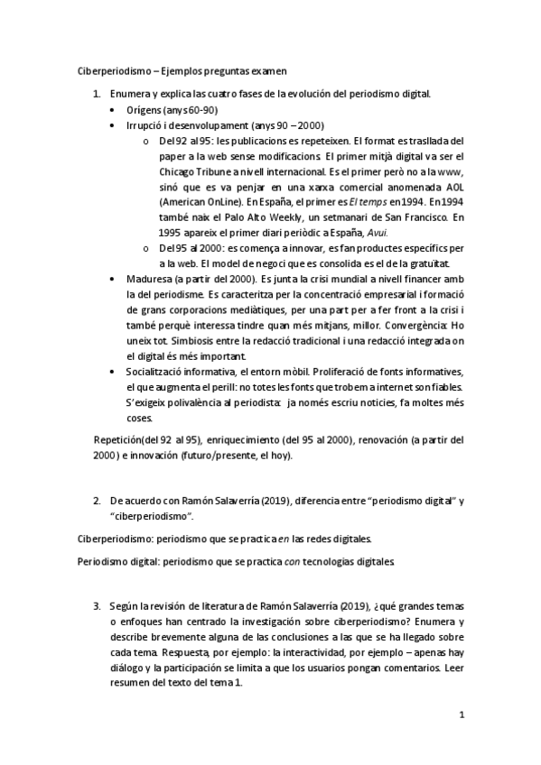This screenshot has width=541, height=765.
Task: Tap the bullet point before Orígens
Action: click(x=111, y=110)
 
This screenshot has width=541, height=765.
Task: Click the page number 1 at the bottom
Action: click(x=462, y=715)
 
